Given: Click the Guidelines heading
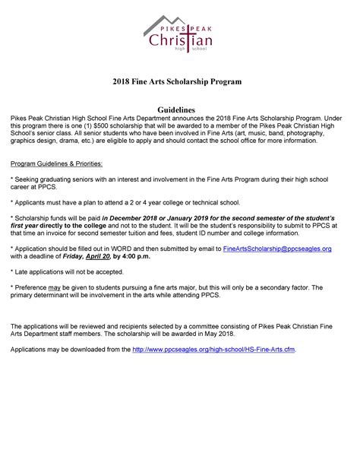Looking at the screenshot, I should click(180, 110).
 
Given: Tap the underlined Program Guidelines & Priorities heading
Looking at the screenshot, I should click(58, 163).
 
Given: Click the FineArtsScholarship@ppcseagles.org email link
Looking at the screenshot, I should click(276, 248).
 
